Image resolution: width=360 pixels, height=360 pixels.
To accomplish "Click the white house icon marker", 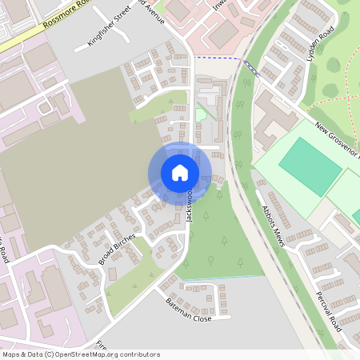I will (180, 173).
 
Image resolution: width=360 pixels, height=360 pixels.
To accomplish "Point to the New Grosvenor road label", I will (336, 141).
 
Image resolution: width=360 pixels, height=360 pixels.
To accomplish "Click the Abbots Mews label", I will (272, 226).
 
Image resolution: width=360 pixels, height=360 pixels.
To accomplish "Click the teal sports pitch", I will (309, 166).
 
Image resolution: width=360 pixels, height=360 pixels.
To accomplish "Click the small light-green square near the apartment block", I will (201, 115).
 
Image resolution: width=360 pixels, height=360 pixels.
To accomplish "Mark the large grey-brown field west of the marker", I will (64, 168).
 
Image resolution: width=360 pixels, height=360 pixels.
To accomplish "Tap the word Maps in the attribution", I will (12, 354).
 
